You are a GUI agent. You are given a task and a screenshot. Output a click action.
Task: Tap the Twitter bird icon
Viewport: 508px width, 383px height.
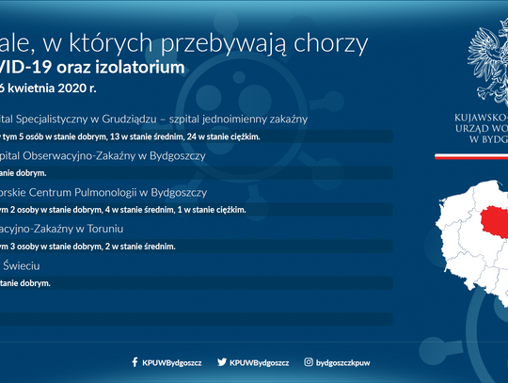tap(222, 361)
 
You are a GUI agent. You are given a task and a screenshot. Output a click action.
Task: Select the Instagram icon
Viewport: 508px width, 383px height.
tap(309, 361)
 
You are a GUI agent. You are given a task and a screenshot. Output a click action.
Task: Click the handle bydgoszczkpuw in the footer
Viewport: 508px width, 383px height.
tap(345, 361)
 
